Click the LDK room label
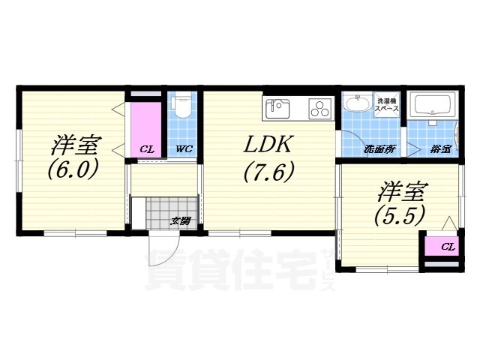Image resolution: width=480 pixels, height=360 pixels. (x=268, y=144)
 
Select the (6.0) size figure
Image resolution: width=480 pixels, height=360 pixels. (x=73, y=170)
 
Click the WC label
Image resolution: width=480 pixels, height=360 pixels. (x=184, y=149)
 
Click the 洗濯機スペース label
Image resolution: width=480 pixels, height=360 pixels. (x=388, y=104)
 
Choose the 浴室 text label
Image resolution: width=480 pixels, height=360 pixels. (x=440, y=149)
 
